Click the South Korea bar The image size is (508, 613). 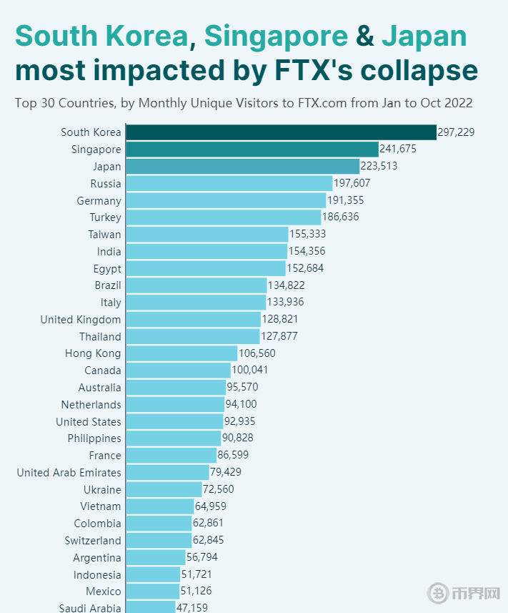point(281,132)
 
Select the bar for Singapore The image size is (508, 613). point(252,149)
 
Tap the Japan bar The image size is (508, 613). point(242,166)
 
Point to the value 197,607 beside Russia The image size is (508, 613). point(352,183)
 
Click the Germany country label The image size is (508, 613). point(99,200)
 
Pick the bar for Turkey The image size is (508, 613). point(224,217)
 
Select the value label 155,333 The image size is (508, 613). point(308,234)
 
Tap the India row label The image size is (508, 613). point(109,251)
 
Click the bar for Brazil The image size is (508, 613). point(196,285)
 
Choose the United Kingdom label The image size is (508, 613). point(81,319)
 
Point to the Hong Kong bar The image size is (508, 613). point(181,353)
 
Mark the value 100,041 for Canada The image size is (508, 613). point(250,371)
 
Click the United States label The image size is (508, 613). point(89,421)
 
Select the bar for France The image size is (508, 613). point(171,456)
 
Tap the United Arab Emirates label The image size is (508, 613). point(69,472)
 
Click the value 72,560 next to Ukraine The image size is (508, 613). point(219,489)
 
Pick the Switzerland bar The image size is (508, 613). point(159,540)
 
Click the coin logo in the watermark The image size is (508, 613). point(437,593)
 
